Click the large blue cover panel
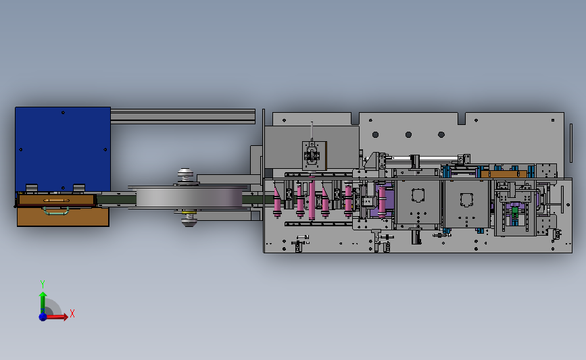point(63,149)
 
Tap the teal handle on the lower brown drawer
point(56,211)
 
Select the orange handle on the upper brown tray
point(56,201)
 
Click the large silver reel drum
point(189,197)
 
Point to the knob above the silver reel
point(185,174)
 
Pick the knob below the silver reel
point(189,221)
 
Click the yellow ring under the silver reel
point(189,212)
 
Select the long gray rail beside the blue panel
point(182,116)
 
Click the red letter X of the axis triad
point(72,313)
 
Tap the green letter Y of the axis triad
point(42,284)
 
